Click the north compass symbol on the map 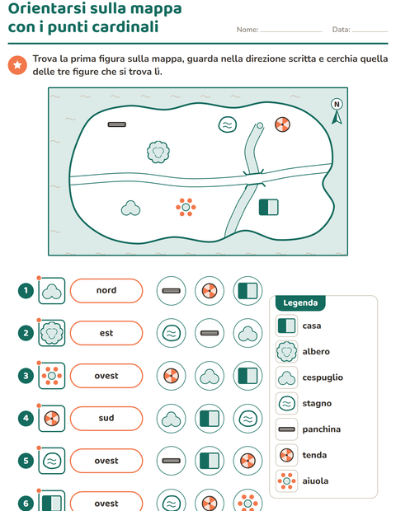point(337,111)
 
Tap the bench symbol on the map point(117,124)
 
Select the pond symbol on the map point(228,124)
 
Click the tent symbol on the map point(282,124)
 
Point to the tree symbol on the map point(158,152)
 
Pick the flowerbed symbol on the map point(186,207)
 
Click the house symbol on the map point(269,207)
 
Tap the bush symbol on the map point(130,209)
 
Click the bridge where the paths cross point(253,179)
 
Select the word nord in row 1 point(106,290)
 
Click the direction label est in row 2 point(106,333)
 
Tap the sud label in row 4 point(106,418)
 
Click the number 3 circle point(26,376)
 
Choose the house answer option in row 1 point(247,291)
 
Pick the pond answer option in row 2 point(172,333)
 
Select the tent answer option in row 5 point(247,461)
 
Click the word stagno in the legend point(317,404)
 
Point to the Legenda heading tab point(300,303)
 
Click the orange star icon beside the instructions point(17,65)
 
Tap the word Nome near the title point(247,30)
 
